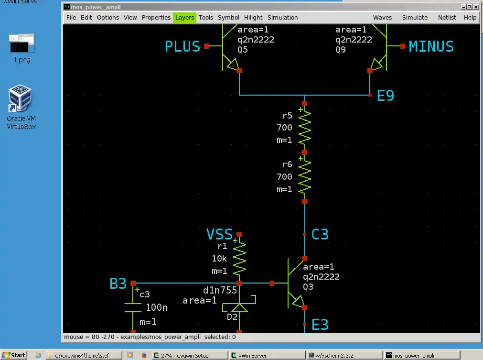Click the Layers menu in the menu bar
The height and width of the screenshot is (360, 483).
pyautogui.click(x=184, y=18)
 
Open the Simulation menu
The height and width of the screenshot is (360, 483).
pyautogui.click(x=282, y=18)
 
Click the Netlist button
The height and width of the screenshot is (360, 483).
pyautogui.click(x=447, y=18)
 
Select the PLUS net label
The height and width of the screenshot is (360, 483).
pyautogui.click(x=182, y=46)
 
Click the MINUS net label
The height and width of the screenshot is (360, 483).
pyautogui.click(x=431, y=46)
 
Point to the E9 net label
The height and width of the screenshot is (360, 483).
pyautogui.click(x=386, y=96)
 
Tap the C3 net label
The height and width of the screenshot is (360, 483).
pyautogui.click(x=320, y=235)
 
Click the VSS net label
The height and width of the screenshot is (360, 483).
pyautogui.click(x=219, y=234)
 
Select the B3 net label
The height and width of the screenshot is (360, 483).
pyautogui.click(x=118, y=284)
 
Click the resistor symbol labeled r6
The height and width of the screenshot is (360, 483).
pyautogui.click(x=304, y=177)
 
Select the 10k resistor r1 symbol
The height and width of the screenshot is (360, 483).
pyautogui.click(x=239, y=259)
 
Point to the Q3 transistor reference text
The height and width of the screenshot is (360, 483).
pyautogui.click(x=308, y=287)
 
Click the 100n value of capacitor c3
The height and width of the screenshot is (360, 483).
pyautogui.click(x=156, y=308)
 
